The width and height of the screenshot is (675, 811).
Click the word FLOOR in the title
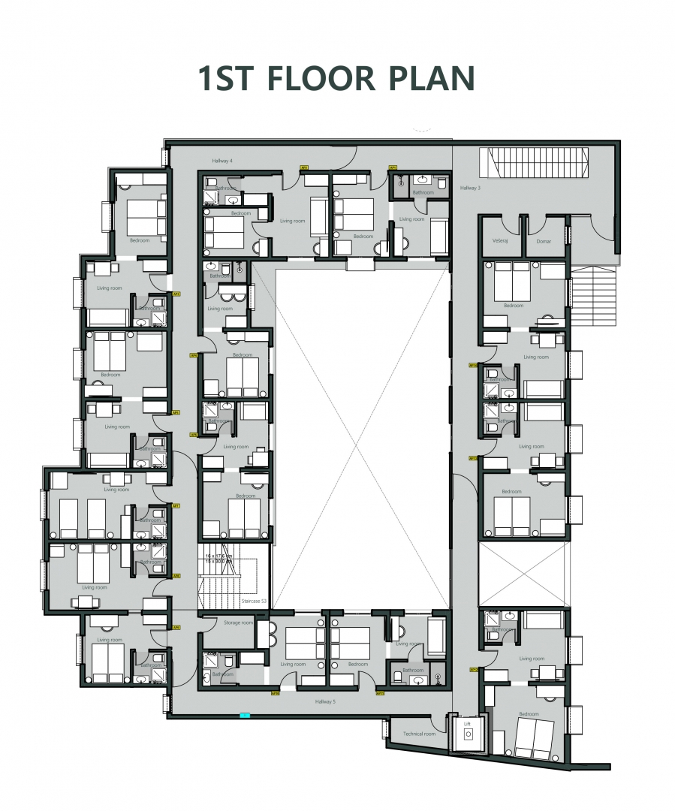click(x=316, y=79)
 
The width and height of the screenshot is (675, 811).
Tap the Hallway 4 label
click(x=221, y=161)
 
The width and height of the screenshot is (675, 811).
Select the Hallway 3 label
click(x=470, y=188)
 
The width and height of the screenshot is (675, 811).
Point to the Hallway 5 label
click(x=325, y=701)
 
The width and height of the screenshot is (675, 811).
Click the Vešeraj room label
click(x=501, y=241)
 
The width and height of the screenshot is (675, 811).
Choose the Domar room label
click(x=544, y=241)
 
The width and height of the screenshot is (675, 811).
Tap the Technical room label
click(x=418, y=734)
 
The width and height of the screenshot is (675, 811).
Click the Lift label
click(x=466, y=724)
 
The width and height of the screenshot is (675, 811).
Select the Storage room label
click(x=237, y=623)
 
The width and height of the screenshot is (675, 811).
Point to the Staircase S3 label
click(x=254, y=602)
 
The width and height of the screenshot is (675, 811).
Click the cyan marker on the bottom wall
click(x=244, y=716)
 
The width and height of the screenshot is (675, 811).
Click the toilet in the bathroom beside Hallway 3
click(x=442, y=182)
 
